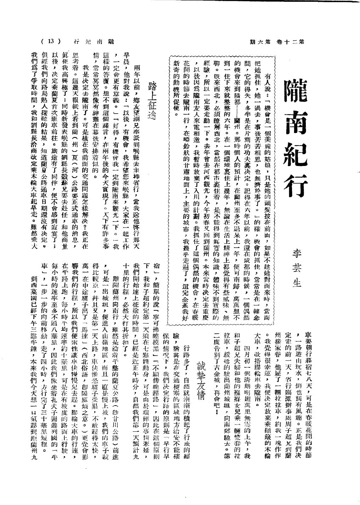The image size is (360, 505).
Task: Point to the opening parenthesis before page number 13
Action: pyautogui.click(x=42, y=41)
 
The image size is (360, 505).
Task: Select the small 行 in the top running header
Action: pyautogui.click(x=76, y=42)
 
